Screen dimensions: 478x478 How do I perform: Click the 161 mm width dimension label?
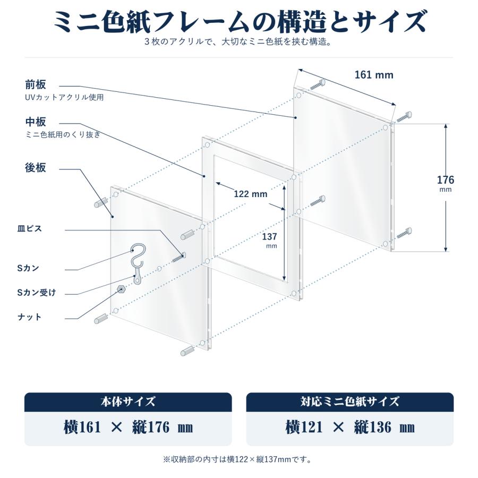(x=374, y=75)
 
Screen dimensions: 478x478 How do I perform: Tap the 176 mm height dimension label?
(x=446, y=183)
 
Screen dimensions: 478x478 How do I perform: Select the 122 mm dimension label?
(x=251, y=194)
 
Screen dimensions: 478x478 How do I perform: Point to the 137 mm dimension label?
(x=269, y=240)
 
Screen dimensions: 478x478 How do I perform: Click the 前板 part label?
(x=36, y=85)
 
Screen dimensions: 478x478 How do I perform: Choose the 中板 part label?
(x=36, y=122)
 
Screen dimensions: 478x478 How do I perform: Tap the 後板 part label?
(x=36, y=168)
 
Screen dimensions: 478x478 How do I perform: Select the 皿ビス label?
(x=29, y=228)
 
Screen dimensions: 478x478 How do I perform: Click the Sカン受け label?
(x=37, y=293)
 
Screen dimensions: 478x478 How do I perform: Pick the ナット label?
(x=29, y=317)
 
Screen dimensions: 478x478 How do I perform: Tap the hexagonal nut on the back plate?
(x=121, y=289)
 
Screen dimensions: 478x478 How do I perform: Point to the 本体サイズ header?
(x=128, y=402)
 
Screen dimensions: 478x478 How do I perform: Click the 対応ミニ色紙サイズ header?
(x=349, y=402)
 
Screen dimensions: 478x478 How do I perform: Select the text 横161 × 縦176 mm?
(x=128, y=427)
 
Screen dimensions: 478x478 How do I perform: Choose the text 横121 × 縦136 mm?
(x=349, y=427)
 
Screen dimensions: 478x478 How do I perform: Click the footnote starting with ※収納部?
(x=238, y=459)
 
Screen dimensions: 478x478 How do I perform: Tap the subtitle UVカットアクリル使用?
(x=64, y=98)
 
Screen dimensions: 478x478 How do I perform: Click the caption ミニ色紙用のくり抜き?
(x=63, y=134)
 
